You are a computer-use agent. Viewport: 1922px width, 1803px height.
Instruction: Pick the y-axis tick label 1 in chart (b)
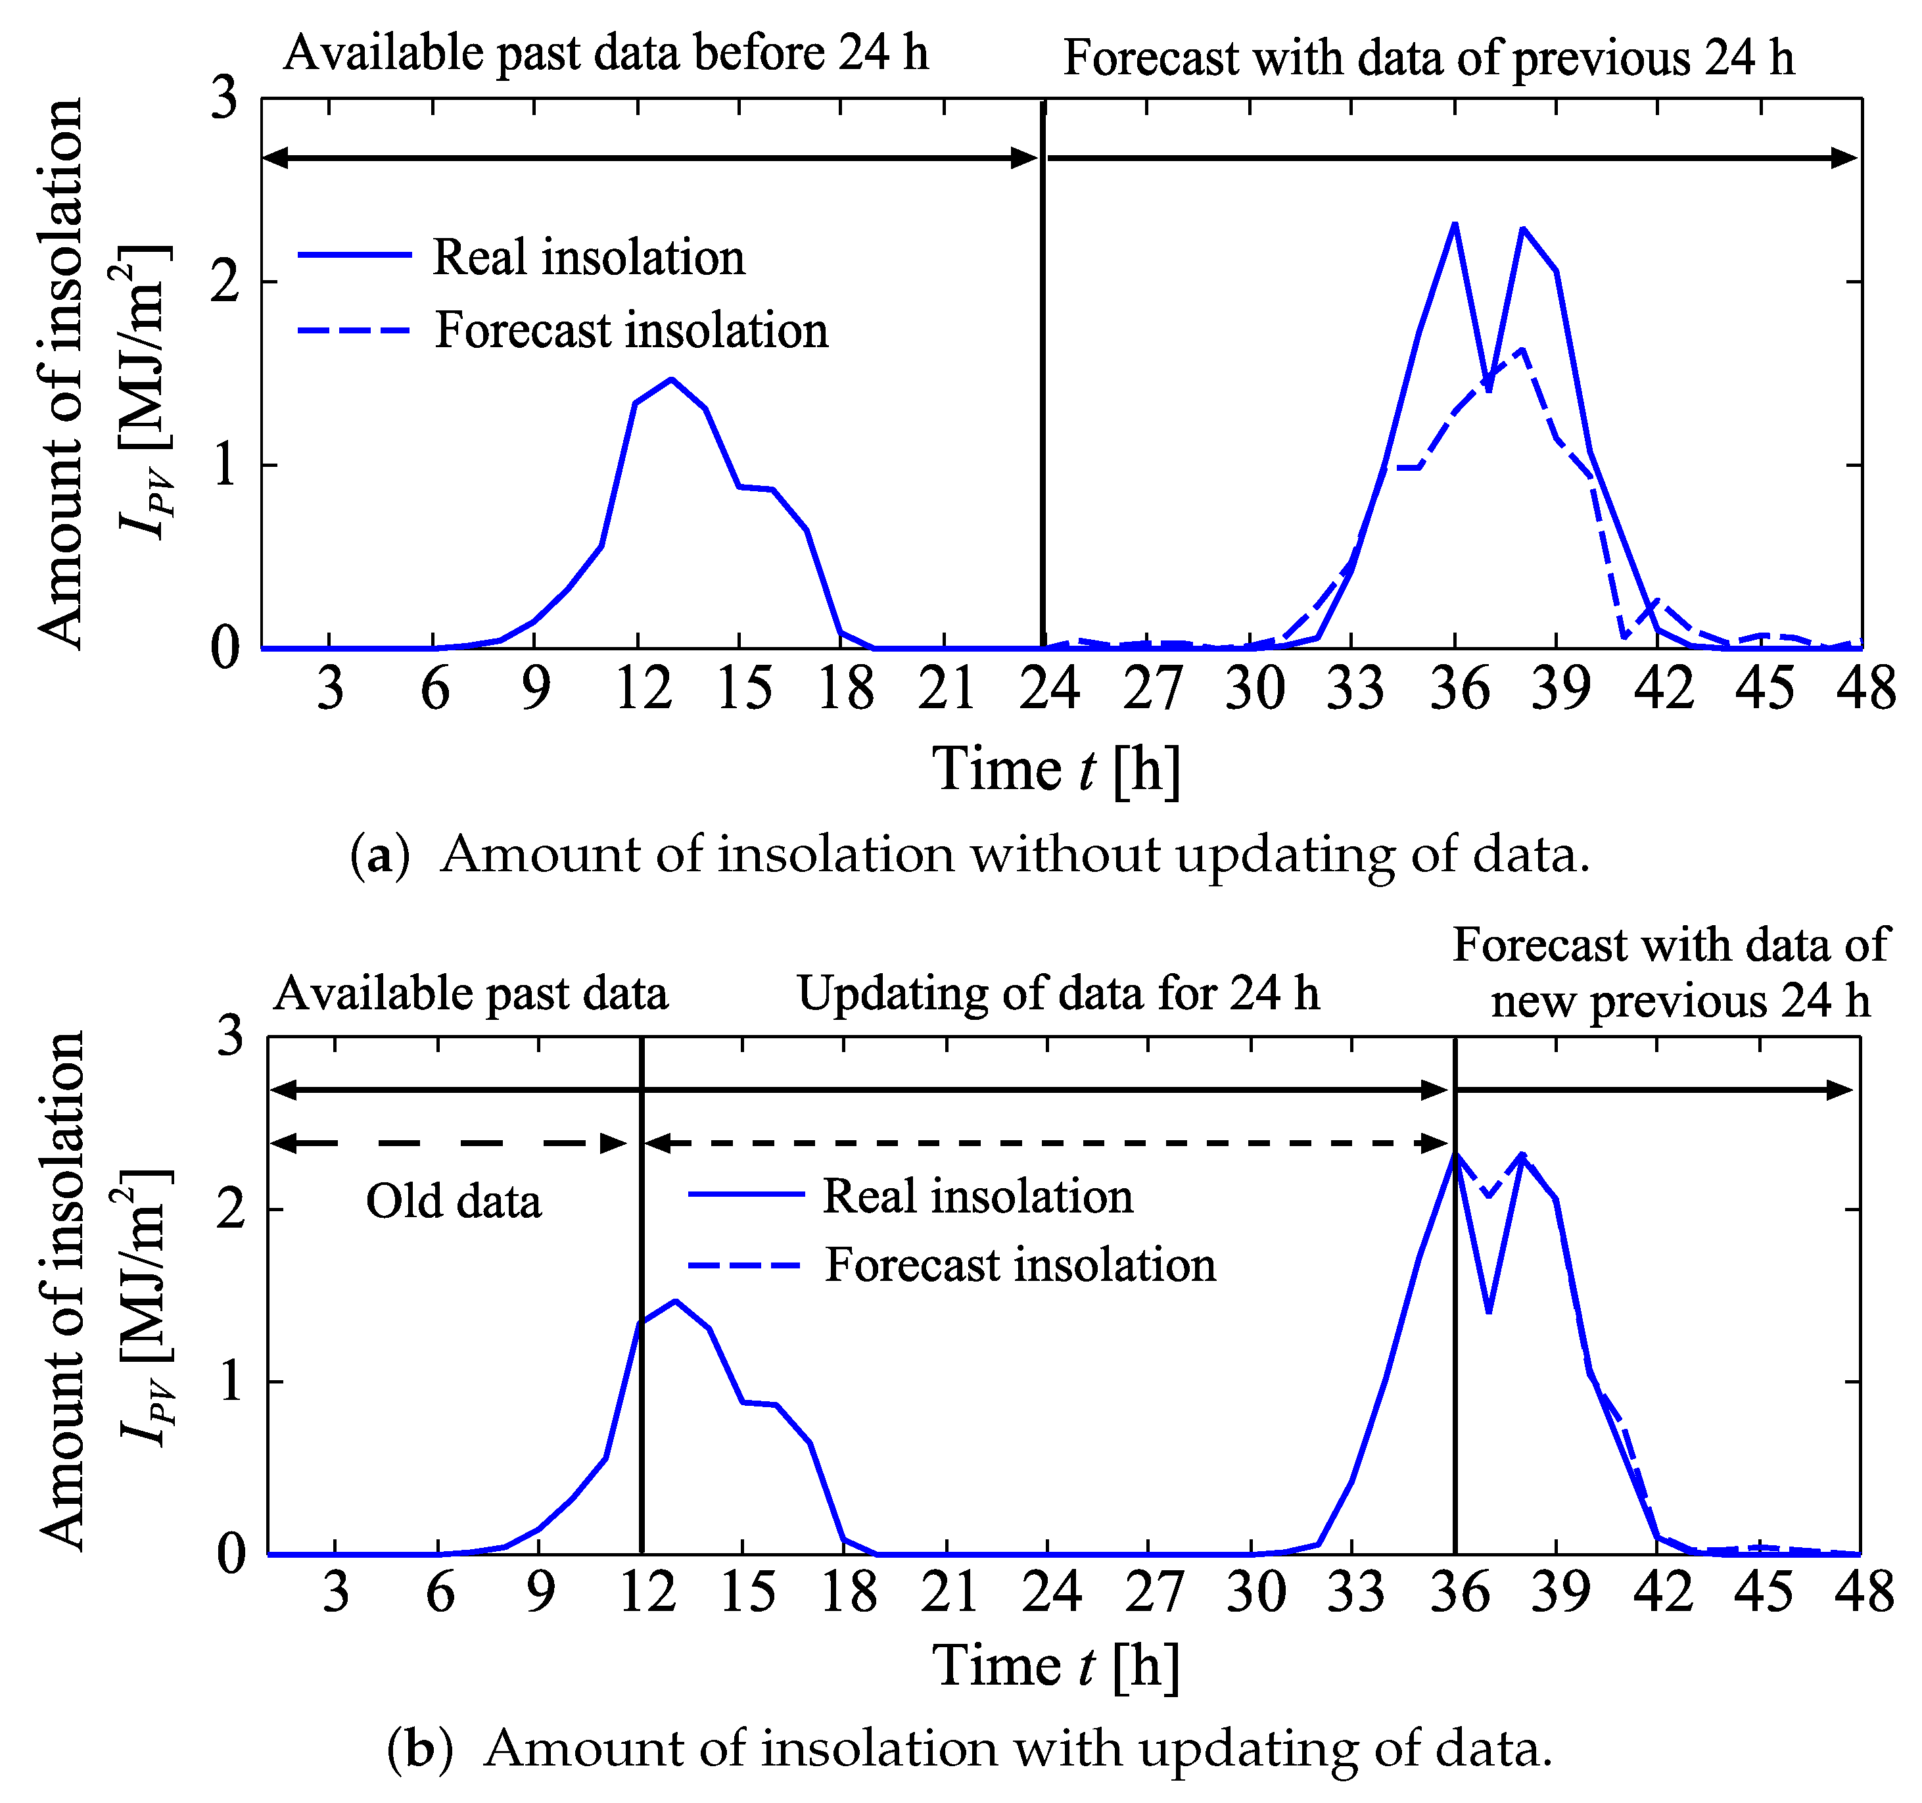click(230, 1382)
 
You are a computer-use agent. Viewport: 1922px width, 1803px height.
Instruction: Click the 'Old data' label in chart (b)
click(454, 1202)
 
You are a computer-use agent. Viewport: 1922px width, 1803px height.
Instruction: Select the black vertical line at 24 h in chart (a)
click(1043, 387)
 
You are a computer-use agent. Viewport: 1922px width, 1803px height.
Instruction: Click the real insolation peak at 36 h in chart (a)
click(1454, 224)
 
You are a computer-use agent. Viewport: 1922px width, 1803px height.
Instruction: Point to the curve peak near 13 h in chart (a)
click(671, 379)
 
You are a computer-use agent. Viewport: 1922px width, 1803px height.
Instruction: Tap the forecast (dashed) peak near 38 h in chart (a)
click(1522, 350)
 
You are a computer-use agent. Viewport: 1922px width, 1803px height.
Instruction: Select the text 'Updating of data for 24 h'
click(1058, 994)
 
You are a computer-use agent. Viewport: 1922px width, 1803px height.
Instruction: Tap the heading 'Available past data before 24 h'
click(605, 53)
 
